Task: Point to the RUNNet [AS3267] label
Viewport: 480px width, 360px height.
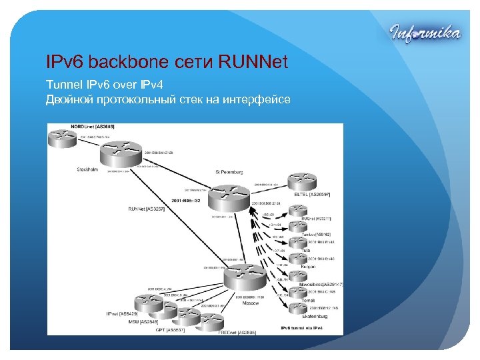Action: (x=146, y=209)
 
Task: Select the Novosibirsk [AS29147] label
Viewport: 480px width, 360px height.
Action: (x=321, y=284)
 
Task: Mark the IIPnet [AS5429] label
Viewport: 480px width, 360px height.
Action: (x=121, y=313)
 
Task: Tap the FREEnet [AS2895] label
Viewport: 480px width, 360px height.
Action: (x=237, y=331)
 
